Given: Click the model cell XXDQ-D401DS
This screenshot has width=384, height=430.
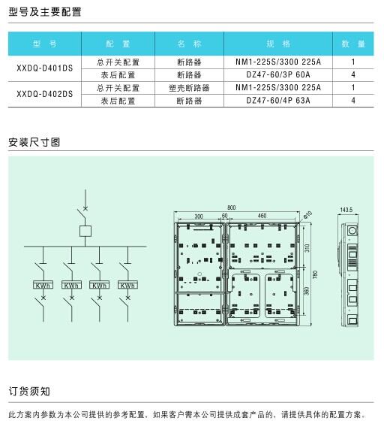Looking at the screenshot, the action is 45,68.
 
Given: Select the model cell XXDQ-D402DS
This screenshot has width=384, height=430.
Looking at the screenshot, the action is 45,94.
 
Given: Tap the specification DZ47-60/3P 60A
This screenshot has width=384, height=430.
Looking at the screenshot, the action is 278,74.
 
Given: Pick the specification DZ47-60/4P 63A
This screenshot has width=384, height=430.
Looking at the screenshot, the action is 278,101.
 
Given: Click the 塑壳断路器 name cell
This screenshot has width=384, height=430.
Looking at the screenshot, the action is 189,88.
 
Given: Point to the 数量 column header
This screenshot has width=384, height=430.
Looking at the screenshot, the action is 353,44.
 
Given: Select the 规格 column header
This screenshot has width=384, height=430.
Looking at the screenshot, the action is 278,44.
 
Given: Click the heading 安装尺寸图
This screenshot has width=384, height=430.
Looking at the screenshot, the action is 34,142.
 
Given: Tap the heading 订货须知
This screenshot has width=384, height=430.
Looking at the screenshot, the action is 29,392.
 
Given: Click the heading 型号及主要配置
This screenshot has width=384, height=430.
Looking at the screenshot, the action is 45,12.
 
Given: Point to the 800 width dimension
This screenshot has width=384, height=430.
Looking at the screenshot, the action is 232,207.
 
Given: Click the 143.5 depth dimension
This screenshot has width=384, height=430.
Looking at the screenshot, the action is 346,210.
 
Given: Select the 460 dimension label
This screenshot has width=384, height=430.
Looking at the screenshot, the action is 262,216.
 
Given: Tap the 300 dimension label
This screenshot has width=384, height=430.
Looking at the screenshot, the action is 199,217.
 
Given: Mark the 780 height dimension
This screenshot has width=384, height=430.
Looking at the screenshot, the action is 315,274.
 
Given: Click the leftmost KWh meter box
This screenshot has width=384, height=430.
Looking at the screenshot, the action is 43,285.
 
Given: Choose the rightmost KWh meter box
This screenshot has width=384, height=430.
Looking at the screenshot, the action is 127,285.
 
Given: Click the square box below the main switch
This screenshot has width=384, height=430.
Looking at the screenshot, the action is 85,232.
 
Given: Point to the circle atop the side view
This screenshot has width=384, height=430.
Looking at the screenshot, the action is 352,230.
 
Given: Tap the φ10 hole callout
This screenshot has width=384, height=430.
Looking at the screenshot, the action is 307,215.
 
